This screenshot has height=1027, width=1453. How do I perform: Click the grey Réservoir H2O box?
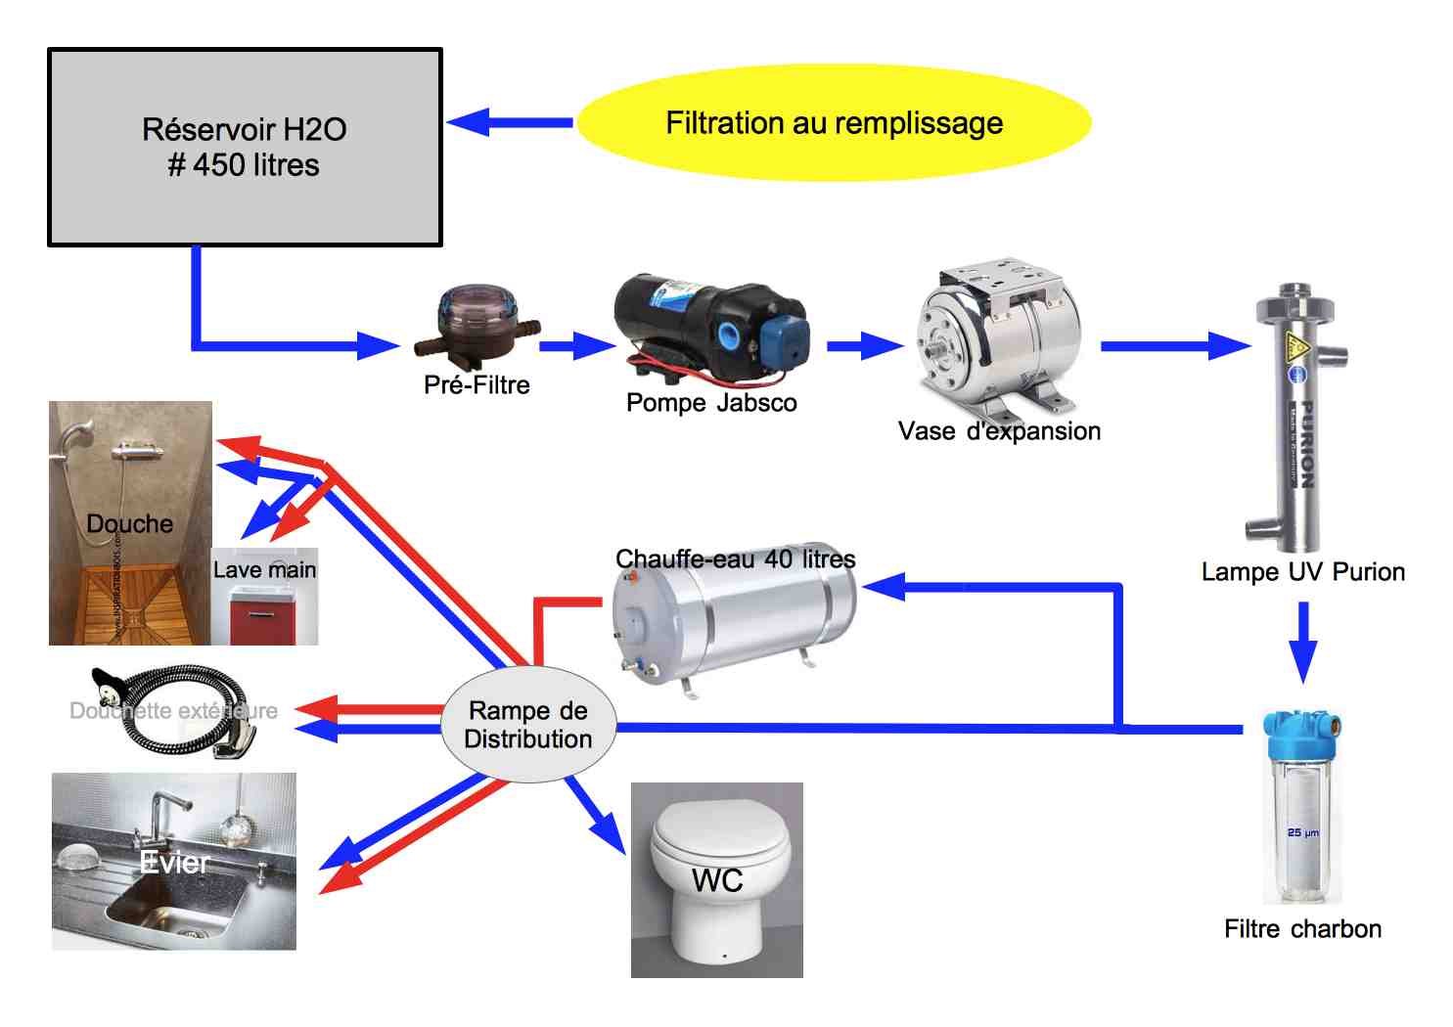pyautogui.click(x=245, y=147)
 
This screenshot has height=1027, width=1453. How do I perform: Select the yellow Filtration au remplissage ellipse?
pyautogui.click(x=834, y=123)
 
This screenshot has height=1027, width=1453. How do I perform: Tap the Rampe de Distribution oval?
pyautogui.click(x=528, y=725)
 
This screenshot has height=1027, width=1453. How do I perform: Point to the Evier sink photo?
pyautogui.click(x=174, y=862)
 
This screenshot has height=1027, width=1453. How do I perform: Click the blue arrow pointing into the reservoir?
pyautogui.click(x=509, y=122)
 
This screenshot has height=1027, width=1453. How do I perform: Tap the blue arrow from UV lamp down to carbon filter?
pyautogui.click(x=1302, y=641)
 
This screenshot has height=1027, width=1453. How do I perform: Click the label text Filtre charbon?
pyautogui.click(x=1302, y=929)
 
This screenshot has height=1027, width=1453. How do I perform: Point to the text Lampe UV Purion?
pyautogui.click(x=1302, y=572)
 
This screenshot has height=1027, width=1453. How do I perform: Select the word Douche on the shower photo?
pyautogui.click(x=129, y=524)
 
